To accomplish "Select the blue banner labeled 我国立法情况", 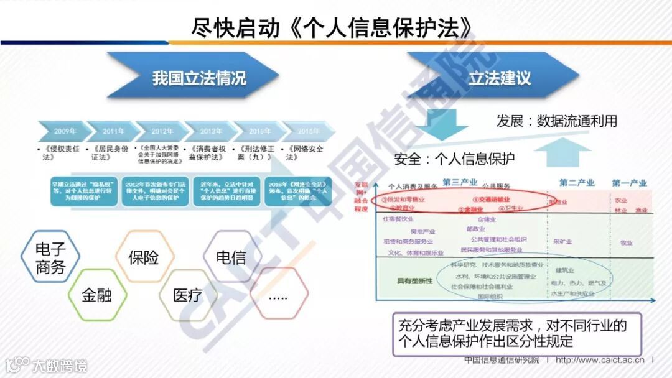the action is [199, 77].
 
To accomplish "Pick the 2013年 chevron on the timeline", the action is [211, 131].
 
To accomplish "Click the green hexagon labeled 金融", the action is [96, 295].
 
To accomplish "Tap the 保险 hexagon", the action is [144, 258].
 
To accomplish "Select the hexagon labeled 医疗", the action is [187, 295].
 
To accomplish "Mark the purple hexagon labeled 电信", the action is [231, 257].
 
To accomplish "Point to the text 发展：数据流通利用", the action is [557, 121].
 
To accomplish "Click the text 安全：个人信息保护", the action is [455, 159].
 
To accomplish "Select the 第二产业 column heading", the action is [577, 183].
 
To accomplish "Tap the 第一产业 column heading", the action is [630, 183].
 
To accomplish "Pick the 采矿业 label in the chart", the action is [562, 241].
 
